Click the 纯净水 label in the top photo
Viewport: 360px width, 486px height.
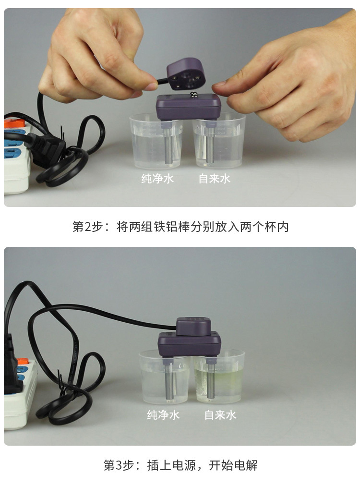point(157,179)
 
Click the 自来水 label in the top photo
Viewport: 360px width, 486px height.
point(215,179)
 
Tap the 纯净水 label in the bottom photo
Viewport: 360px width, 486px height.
point(163,415)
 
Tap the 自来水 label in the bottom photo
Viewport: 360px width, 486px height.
point(220,415)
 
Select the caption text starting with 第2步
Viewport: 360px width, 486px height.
point(180,227)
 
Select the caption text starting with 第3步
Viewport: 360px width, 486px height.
point(180,465)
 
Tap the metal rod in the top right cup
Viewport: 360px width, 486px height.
point(209,144)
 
